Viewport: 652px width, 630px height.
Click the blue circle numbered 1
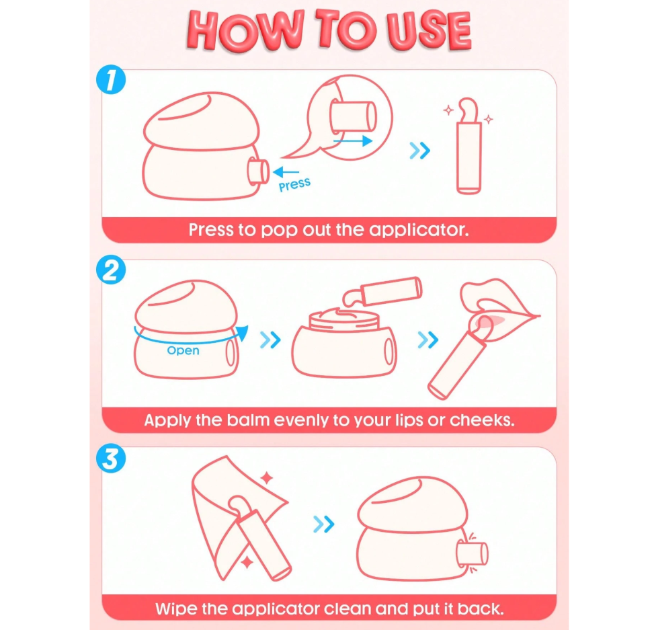pos(111,79)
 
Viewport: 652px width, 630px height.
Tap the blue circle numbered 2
pos(111,270)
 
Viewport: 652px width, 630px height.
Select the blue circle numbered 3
pos(111,459)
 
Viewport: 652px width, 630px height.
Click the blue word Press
pos(294,184)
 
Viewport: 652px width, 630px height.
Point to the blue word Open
pos(183,350)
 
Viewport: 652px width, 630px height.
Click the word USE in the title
pos(429,31)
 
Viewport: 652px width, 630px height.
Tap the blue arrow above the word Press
pos(286,171)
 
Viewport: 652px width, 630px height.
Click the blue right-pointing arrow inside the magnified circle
pos(353,141)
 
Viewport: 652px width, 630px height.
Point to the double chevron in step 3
pos(324,524)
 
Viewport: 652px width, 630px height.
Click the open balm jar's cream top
pos(344,318)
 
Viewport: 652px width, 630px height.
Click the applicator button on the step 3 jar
pos(473,553)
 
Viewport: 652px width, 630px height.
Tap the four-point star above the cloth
pos(267,478)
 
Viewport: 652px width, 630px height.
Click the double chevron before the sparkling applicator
pos(419,151)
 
